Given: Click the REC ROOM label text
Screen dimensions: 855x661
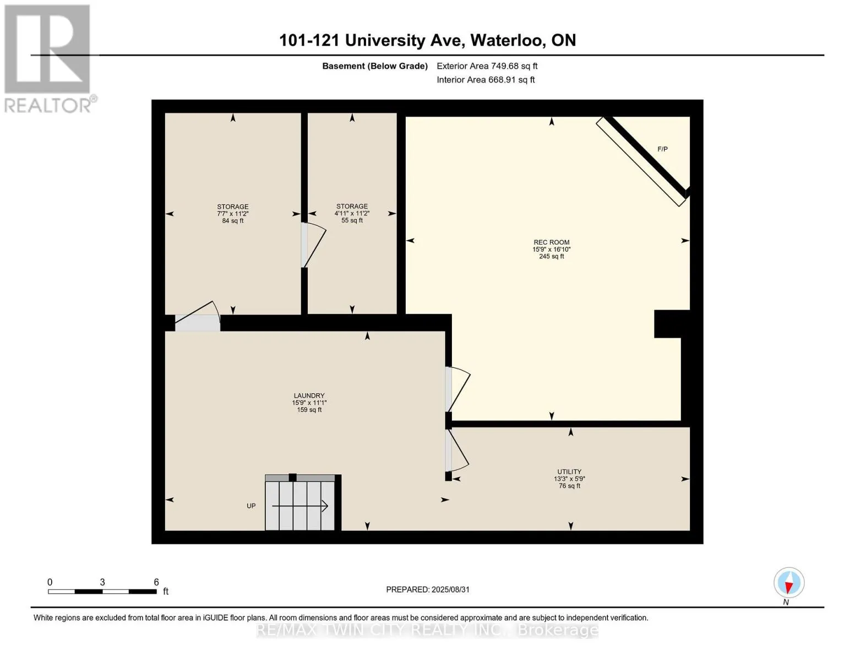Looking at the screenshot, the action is point(551,242).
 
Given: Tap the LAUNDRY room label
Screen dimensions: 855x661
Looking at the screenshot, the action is point(309,395).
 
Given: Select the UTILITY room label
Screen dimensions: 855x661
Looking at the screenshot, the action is point(569,472).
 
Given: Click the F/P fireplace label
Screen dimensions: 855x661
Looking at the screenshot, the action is point(662,149).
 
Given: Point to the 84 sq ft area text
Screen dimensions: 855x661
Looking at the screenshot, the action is point(232,221).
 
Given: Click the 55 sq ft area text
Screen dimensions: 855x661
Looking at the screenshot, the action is point(352,220).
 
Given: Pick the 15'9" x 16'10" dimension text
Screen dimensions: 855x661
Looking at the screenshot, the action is point(551,249).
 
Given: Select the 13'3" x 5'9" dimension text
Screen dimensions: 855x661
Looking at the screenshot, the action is point(569,479).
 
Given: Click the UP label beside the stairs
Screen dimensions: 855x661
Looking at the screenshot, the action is point(251,506).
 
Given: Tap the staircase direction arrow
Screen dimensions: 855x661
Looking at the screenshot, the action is point(300,506).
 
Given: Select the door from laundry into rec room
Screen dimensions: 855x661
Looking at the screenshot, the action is point(457,389).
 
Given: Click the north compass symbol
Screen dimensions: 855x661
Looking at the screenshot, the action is point(789,583).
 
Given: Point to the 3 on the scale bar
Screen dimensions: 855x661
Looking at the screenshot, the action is point(102,582).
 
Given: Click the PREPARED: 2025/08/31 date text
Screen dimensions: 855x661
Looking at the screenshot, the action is point(428,589).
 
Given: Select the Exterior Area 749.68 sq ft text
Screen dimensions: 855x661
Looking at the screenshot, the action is point(487,66).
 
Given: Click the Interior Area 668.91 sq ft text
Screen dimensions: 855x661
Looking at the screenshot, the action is point(486,80).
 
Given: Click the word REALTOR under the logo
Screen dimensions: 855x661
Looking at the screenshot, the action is point(47,106).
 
